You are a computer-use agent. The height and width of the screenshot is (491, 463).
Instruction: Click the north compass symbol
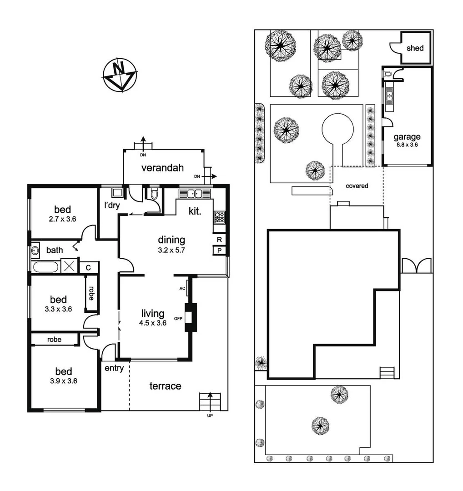120,75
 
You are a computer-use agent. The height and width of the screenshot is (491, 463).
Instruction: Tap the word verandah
162,168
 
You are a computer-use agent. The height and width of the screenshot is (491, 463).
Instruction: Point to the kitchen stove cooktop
219,218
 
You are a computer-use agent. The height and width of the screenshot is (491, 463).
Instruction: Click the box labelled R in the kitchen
219,240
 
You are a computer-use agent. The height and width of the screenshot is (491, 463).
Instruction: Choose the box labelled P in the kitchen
219,251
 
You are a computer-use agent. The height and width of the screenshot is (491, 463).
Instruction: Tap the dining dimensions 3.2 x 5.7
171,249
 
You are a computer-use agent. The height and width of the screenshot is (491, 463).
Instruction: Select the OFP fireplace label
178,318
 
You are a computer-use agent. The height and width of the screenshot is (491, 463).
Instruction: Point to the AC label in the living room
182,288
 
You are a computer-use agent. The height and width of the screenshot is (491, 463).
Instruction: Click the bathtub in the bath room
45,266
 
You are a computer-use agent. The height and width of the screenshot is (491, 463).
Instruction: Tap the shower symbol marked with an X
70,266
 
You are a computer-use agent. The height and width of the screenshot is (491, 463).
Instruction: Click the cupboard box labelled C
89,267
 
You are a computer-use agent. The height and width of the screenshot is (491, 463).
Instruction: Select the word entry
114,368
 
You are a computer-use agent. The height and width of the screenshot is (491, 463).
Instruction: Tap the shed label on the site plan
415,48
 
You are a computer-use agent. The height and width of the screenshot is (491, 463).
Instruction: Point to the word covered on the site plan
357,186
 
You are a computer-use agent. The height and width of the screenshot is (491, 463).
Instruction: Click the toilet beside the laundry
154,195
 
